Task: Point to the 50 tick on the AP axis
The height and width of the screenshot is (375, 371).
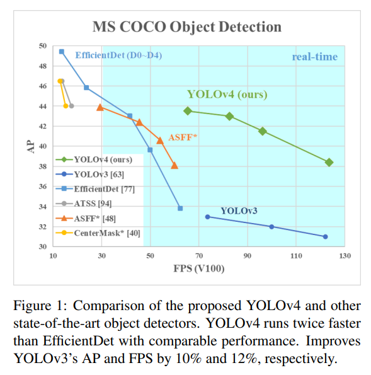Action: (42, 46)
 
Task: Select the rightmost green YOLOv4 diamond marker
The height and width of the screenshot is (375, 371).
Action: (329, 162)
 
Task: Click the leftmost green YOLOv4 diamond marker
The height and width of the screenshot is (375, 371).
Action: (188, 111)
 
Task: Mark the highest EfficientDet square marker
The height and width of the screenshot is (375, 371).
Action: (61, 52)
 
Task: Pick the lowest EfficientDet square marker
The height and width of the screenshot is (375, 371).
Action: (180, 208)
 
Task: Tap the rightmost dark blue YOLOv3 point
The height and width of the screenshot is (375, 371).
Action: (325, 236)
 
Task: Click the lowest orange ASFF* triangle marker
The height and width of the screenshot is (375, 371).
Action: (174, 166)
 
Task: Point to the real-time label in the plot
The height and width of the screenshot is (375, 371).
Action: (314, 57)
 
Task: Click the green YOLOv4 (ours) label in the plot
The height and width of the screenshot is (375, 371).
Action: (227, 95)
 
